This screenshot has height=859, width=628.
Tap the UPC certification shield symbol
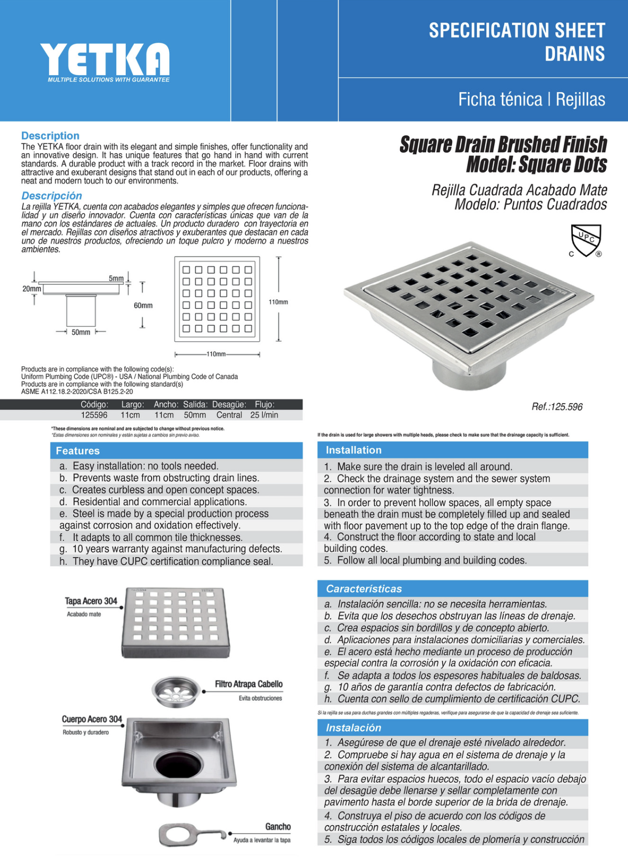coord(586,240)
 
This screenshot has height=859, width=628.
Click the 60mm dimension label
coord(143,305)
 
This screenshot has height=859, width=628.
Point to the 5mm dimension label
coord(116,278)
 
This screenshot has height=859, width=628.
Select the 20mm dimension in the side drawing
coord(31,289)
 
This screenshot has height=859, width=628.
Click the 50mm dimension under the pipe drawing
coord(81,332)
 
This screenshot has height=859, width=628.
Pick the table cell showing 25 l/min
coord(264,415)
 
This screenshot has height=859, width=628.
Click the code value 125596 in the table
coord(94,415)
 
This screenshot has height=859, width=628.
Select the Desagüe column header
coord(229,405)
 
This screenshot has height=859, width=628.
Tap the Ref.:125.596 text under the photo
coord(557,407)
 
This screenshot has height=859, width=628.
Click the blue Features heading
coord(78,451)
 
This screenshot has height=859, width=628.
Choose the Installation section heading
coord(353,450)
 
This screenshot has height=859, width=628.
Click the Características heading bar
coord(364,589)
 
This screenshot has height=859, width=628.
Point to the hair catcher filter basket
coord(176,691)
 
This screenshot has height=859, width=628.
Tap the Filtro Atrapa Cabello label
coord(249,684)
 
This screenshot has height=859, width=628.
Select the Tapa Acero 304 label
coord(91,601)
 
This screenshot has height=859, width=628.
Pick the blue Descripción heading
coord(51,196)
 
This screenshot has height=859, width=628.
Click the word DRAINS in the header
coord(575,54)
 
